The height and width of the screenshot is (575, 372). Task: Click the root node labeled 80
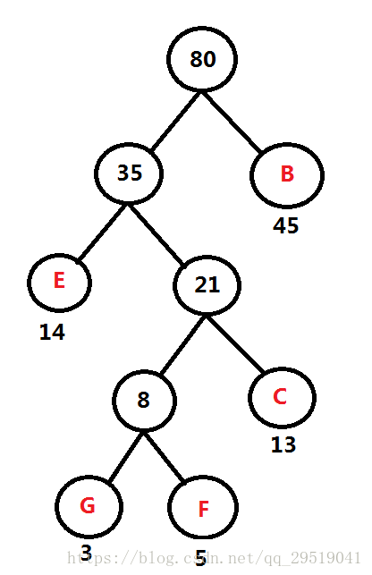pos(202,59)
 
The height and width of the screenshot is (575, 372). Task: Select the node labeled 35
pos(129,173)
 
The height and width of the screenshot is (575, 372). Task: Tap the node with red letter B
pos(287,175)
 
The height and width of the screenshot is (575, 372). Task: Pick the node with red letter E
pos(59,283)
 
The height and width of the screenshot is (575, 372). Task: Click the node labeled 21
pos(207,285)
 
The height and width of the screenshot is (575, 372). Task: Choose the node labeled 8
pos(144,400)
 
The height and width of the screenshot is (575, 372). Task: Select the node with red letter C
pos(282,398)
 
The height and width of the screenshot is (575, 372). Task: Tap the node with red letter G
pos(89,506)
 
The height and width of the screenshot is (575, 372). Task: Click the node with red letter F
pos(203,507)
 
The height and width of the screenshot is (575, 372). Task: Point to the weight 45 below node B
pos(286,225)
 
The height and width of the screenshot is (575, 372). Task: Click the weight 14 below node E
pos(52,333)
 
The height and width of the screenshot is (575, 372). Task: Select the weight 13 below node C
pos(283,444)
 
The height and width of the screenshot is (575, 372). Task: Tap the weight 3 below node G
pos(86,553)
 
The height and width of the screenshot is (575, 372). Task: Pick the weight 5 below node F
pos(200,558)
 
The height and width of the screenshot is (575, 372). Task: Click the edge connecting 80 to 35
pos(176,121)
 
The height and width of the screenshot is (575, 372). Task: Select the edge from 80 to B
pos(232,122)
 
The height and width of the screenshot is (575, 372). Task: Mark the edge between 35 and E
pos(103,232)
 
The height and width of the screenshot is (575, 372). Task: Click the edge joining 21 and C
pos(235,344)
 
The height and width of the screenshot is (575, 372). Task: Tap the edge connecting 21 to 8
pos(183,344)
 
